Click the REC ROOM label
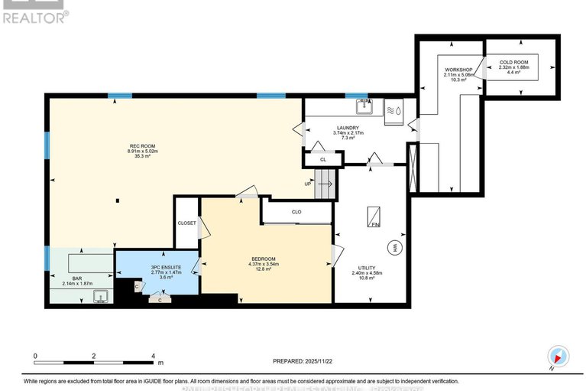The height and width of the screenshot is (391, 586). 143,146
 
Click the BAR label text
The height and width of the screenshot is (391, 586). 76,279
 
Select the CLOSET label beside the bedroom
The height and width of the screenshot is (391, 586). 187,223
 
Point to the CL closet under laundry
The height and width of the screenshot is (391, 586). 323,159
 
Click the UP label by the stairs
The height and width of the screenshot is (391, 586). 308,184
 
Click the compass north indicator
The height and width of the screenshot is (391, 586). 558,356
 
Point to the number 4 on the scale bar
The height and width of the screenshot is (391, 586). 153,357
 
